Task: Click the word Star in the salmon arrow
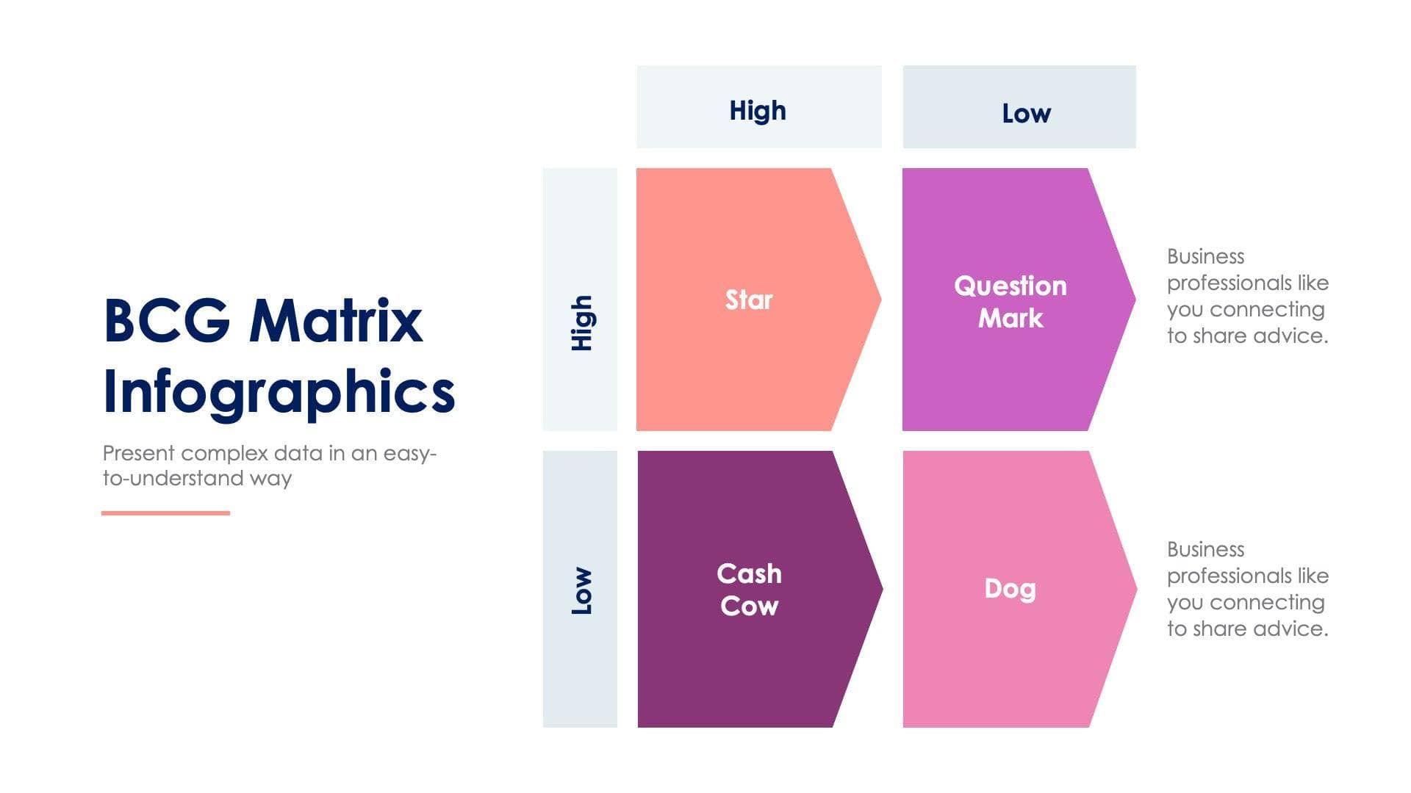coord(749,300)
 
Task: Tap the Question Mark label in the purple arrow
coord(1010,302)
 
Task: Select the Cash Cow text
coord(749,590)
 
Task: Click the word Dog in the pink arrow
coord(1010,588)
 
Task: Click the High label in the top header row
coord(758,110)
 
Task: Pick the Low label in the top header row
coord(1026,113)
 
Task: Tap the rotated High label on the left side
coord(581,323)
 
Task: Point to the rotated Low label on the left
coord(581,591)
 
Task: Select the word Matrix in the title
coord(336,321)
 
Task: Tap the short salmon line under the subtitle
coord(165,513)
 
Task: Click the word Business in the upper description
coord(1205,256)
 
